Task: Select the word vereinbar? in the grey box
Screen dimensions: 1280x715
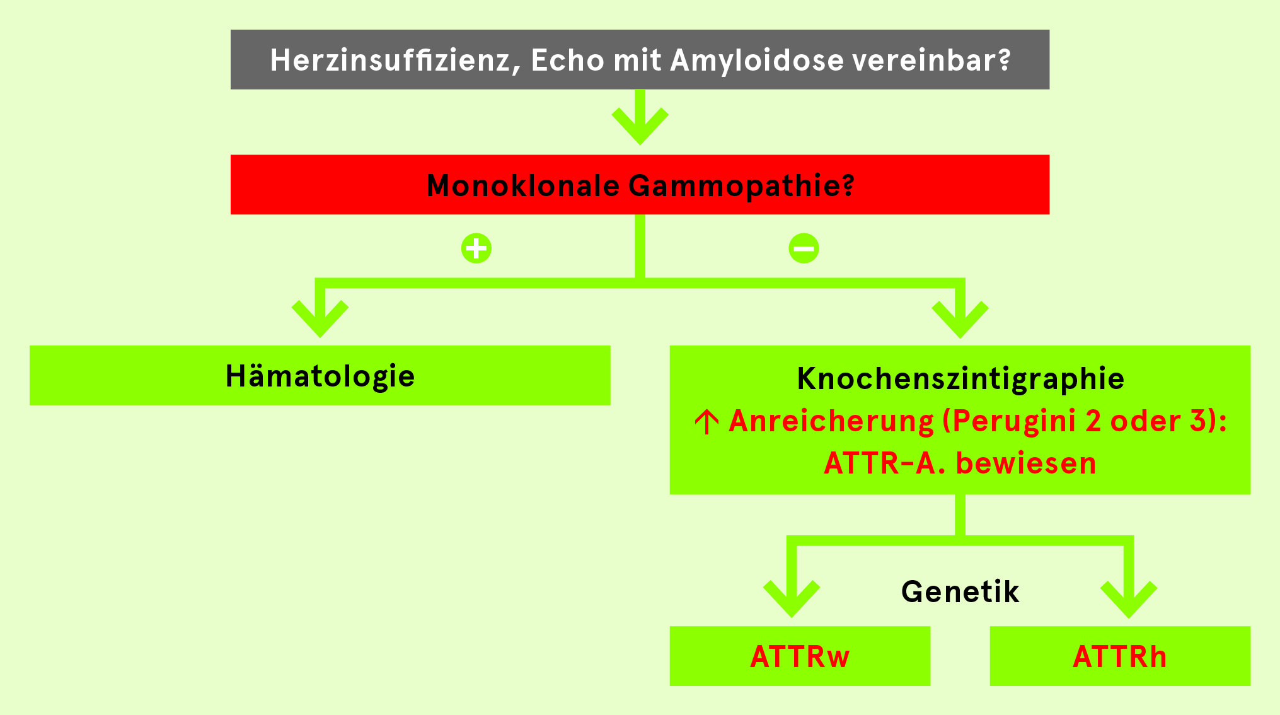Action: tap(931, 61)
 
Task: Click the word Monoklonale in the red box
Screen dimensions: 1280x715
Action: tap(523, 185)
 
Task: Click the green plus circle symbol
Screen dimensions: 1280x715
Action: tap(476, 248)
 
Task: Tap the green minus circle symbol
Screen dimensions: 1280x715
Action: tap(804, 248)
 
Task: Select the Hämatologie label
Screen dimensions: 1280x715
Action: tap(320, 376)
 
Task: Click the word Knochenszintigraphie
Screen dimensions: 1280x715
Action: tap(960, 379)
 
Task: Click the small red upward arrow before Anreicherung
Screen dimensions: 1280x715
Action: tap(706, 421)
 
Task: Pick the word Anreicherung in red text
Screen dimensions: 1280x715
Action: tap(831, 421)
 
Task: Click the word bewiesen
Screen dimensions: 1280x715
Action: tap(1026, 463)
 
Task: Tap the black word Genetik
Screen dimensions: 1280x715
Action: tap(960, 592)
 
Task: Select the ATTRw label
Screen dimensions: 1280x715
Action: tap(800, 656)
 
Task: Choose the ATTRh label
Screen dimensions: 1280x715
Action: tap(1120, 656)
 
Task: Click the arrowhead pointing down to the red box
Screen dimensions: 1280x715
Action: tap(640, 126)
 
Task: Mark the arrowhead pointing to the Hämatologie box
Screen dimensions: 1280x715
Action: tap(320, 319)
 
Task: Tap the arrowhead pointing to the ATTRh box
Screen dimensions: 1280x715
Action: tap(1129, 600)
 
